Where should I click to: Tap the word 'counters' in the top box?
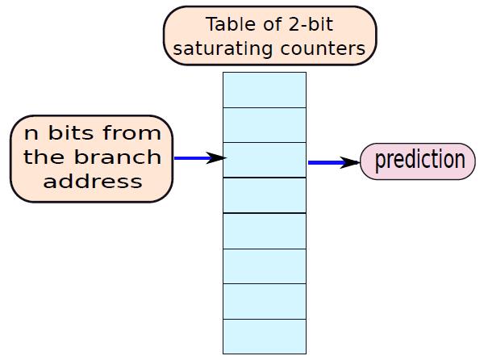pyautogui.click(x=323, y=48)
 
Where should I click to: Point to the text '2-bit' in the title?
pyautogui.click(x=311, y=24)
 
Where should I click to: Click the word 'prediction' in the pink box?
pyautogui.click(x=419, y=160)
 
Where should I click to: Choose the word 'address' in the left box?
pyautogui.click(x=93, y=182)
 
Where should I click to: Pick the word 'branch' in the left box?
pyautogui.click(x=118, y=157)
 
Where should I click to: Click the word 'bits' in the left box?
pyautogui.click(x=71, y=132)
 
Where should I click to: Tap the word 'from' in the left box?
pyautogui.click(x=131, y=132)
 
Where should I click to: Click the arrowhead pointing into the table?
pyautogui.click(x=216, y=158)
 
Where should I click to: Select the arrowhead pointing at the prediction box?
pyautogui.click(x=349, y=162)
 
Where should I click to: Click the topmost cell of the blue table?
pyautogui.click(x=265, y=90)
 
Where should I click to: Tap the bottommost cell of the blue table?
pyautogui.click(x=265, y=337)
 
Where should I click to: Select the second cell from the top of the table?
pyautogui.click(x=265, y=125)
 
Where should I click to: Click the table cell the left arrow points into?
pyautogui.click(x=265, y=160)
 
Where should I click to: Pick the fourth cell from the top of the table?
pyautogui.click(x=265, y=195)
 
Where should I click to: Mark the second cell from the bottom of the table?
pyautogui.click(x=265, y=301)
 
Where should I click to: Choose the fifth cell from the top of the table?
pyautogui.click(x=265, y=231)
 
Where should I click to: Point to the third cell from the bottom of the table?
pyautogui.click(x=265, y=266)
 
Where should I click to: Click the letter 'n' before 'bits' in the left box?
pyautogui.click(x=31, y=135)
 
